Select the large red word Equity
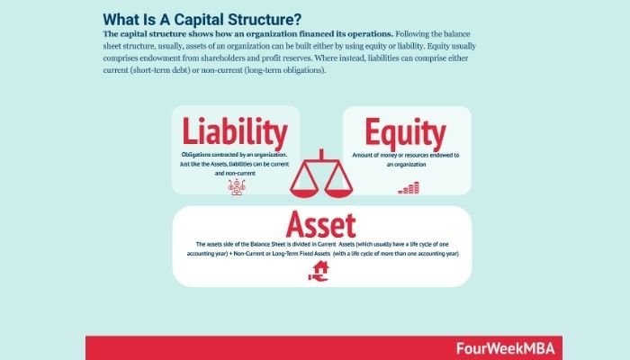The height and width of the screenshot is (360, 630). [x=400, y=131]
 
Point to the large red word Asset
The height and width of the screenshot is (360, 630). [x=321, y=221]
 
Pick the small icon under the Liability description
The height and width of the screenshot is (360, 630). [x=238, y=185]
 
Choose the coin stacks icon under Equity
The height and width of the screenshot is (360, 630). [x=409, y=187]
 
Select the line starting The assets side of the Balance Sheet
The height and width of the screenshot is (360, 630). [x=321, y=244]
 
